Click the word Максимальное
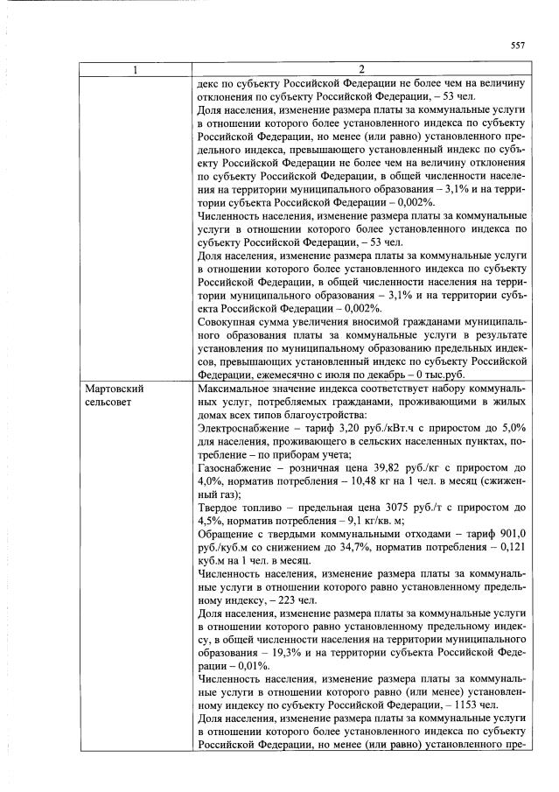click(236, 387)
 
